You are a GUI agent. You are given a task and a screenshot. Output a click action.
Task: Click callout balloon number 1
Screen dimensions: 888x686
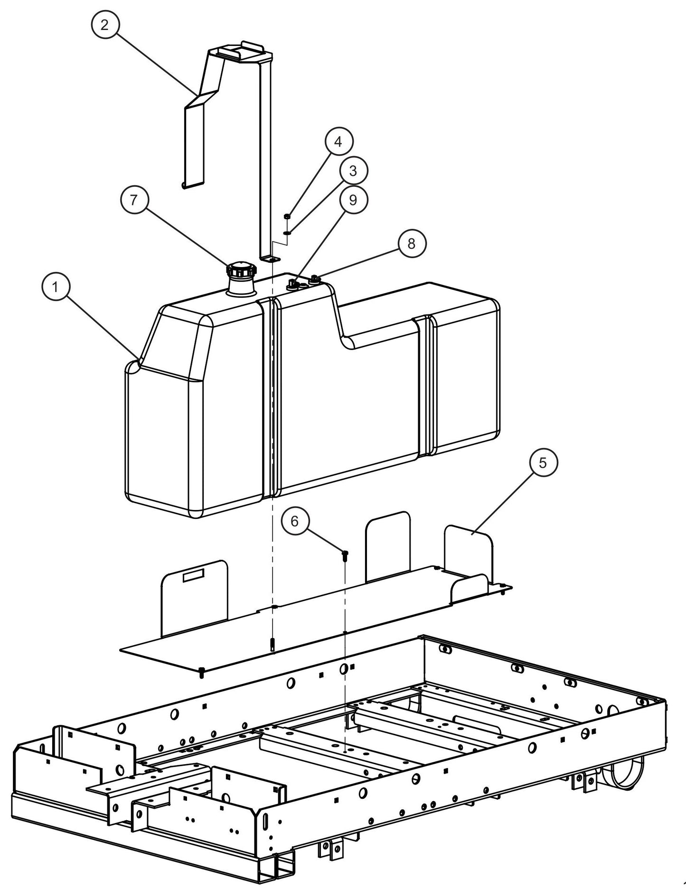pos(56,287)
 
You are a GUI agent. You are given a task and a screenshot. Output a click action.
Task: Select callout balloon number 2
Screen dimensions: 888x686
pos(104,25)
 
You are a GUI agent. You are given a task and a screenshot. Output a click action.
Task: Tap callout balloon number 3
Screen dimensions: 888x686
pos(352,171)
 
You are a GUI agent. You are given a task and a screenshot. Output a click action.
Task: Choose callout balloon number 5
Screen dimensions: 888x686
pos(543,462)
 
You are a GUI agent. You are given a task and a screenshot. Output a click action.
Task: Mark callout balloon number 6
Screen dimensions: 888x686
pos(294,521)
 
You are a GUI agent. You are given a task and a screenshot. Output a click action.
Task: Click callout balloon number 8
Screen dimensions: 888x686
pos(411,243)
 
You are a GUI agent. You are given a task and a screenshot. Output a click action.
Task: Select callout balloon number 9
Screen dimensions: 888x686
pos(352,200)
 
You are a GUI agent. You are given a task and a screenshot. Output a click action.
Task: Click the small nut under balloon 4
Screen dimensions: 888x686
pos(287,217)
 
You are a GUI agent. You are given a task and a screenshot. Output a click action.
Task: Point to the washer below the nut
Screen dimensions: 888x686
pos(287,233)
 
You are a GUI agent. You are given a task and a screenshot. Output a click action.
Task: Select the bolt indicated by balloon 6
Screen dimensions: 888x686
pos(345,554)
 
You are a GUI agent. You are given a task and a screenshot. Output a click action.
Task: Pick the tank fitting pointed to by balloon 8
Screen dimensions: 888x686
pos(314,280)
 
